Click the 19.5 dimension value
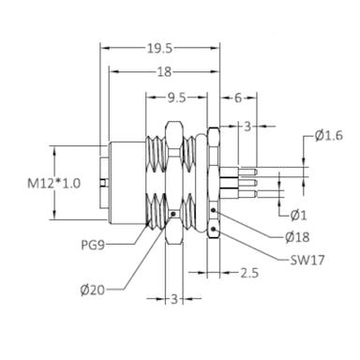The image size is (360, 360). (159, 49)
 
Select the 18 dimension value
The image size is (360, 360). (164, 72)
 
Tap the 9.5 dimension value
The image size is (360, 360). (176, 98)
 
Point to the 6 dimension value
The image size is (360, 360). (238, 98)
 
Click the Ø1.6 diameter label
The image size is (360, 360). (329, 136)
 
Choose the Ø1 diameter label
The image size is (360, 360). (299, 216)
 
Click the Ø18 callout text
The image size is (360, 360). (297, 237)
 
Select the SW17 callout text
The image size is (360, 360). (307, 260)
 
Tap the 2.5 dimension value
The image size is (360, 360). (249, 273)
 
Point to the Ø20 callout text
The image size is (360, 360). (93, 291)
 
